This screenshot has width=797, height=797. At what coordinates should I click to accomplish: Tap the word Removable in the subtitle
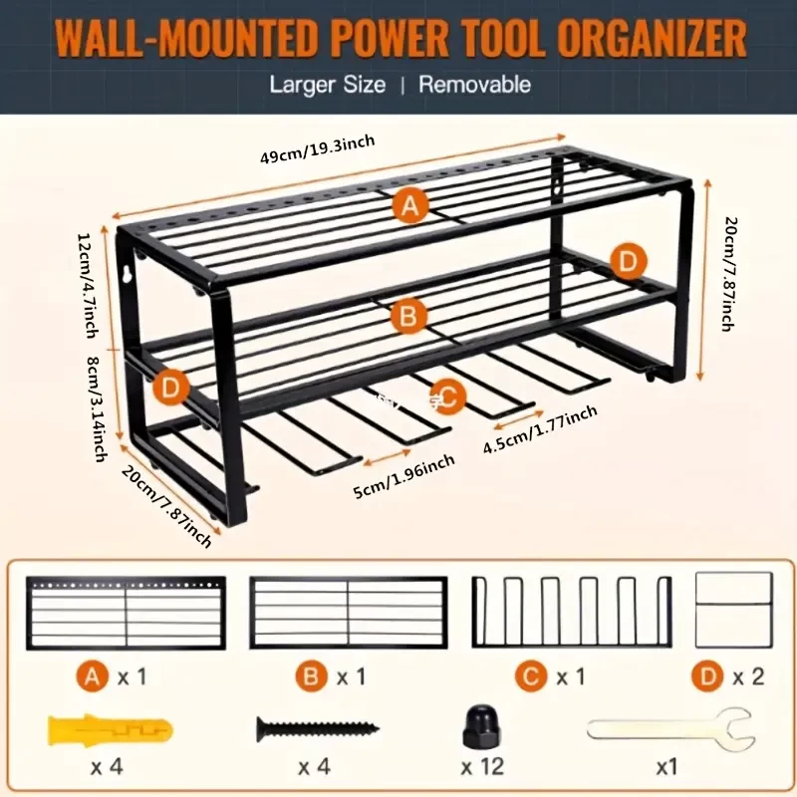(x=475, y=85)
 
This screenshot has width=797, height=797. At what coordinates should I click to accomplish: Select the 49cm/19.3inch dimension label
(x=318, y=149)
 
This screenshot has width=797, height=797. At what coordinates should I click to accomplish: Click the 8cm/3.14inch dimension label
(x=97, y=409)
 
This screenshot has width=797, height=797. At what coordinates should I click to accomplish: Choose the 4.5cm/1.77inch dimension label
(x=540, y=429)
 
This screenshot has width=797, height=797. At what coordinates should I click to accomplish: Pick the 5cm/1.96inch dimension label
(x=404, y=477)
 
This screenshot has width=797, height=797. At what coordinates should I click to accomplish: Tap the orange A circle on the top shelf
(x=410, y=206)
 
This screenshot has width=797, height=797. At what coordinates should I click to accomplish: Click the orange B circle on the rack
(x=408, y=316)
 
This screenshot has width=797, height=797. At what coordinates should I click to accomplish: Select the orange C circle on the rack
(x=447, y=397)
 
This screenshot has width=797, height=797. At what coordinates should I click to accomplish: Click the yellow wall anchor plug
(x=111, y=731)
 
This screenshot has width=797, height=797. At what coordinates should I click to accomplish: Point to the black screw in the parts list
(x=318, y=729)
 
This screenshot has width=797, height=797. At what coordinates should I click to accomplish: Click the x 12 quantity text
(x=482, y=766)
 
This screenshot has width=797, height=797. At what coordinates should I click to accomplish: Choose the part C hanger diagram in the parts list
(x=572, y=612)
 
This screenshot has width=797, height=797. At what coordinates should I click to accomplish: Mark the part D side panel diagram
(x=734, y=610)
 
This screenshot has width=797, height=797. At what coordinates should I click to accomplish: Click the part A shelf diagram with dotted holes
(x=127, y=613)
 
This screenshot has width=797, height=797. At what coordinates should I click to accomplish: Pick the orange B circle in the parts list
(x=311, y=676)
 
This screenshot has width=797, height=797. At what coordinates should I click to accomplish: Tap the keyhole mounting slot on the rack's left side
(x=128, y=272)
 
